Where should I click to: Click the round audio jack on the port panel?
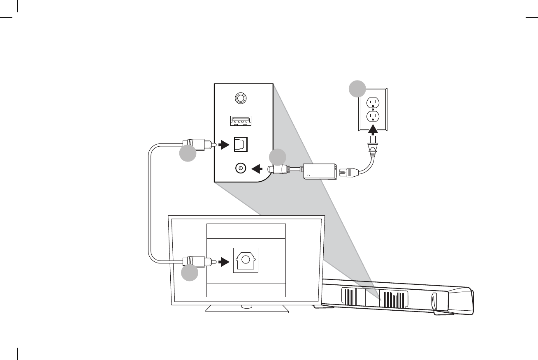click(x=241, y=98)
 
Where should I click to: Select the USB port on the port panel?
click(x=241, y=121)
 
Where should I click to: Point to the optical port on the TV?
click(x=246, y=260)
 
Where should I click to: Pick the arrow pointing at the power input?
click(x=257, y=168)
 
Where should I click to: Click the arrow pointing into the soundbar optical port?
click(x=224, y=145)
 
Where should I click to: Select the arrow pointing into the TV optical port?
click(x=224, y=262)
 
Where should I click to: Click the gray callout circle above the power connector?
click(x=277, y=158)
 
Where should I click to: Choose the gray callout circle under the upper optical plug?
click(x=188, y=153)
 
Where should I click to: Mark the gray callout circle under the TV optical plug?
click(x=189, y=273)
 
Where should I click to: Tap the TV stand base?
click(x=247, y=309)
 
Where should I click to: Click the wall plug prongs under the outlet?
click(x=373, y=147)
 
